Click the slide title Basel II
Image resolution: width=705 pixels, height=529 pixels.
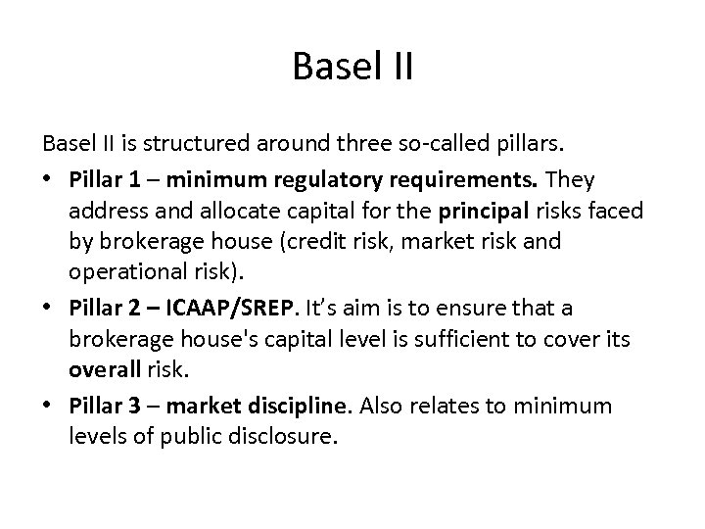pos(352,68)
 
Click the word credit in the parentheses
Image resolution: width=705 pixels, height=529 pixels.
pos(331,242)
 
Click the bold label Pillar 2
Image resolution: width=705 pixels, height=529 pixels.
pos(103,307)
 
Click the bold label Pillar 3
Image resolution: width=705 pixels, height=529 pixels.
pos(103,404)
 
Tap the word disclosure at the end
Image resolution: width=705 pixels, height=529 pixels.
pos(289,436)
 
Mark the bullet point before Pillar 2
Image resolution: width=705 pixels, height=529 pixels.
pos(49,308)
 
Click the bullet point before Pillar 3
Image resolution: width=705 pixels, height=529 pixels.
pos(49,405)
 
